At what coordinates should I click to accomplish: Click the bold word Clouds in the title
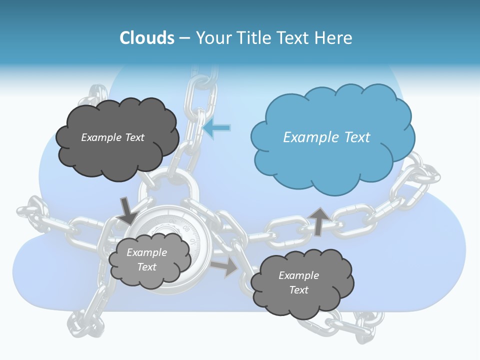point(146,38)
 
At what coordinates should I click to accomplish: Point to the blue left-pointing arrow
point(217,128)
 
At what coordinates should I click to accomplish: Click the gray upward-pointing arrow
point(318,221)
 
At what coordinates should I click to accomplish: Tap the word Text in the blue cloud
point(357,137)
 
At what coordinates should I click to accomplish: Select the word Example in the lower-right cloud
point(298,275)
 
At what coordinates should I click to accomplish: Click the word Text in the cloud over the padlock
point(146,267)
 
